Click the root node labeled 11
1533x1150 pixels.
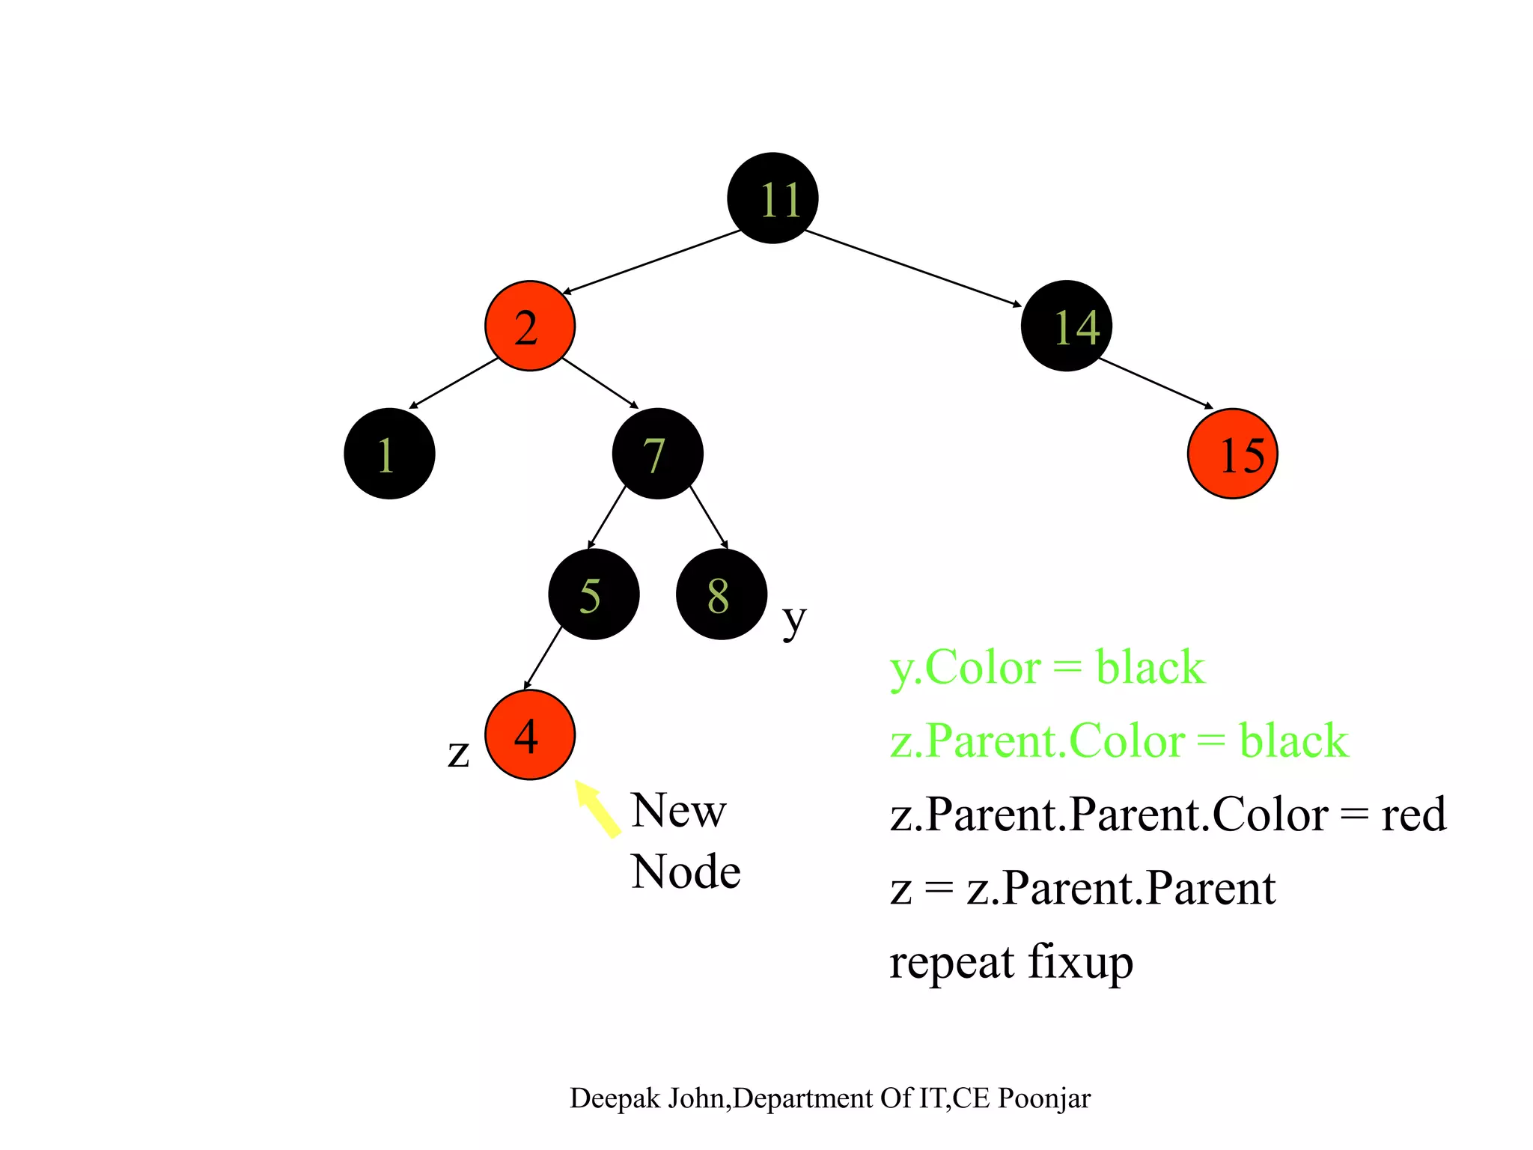[x=772, y=198]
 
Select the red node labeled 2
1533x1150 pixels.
[x=530, y=326]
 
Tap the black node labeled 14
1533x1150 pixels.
[x=1066, y=326]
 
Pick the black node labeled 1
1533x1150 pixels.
[x=389, y=454]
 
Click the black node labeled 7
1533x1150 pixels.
[x=657, y=454]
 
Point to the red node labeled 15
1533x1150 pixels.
[x=1232, y=454]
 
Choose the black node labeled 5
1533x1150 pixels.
[x=594, y=594]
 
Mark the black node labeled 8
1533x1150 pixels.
[x=721, y=594]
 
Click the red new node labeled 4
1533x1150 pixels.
[x=530, y=734]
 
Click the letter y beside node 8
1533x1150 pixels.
[x=794, y=620]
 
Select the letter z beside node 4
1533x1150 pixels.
[x=458, y=753]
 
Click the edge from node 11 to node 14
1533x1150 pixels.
[x=913, y=267]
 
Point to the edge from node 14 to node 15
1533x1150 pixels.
[x=1155, y=383]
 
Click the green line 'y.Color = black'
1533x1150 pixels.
[x=1046, y=667]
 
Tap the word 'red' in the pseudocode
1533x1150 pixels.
[x=1413, y=815]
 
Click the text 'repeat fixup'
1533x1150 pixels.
[x=1011, y=962]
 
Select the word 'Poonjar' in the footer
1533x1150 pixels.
[x=1044, y=1098]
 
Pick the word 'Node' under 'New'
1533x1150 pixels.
[x=686, y=872]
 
